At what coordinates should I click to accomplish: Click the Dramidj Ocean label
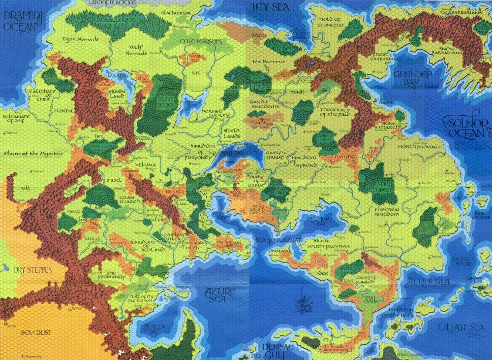point(20,21)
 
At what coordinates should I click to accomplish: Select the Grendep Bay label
point(412,78)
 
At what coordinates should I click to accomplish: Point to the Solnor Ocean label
point(466,128)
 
